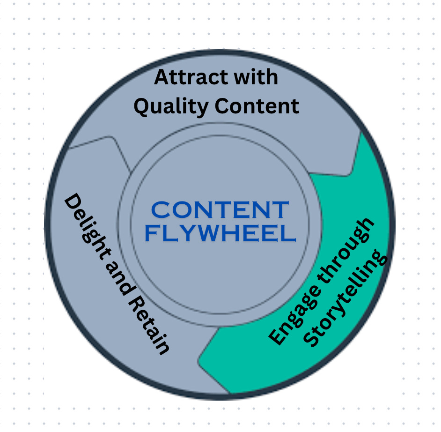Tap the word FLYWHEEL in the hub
[220, 233]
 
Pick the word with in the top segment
[256, 77]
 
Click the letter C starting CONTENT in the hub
[162, 210]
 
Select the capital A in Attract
[162, 77]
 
